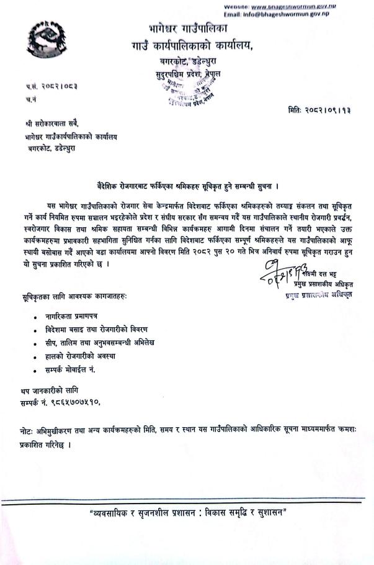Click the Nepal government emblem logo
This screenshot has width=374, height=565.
point(47,43)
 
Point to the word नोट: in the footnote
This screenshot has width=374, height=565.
point(28,431)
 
